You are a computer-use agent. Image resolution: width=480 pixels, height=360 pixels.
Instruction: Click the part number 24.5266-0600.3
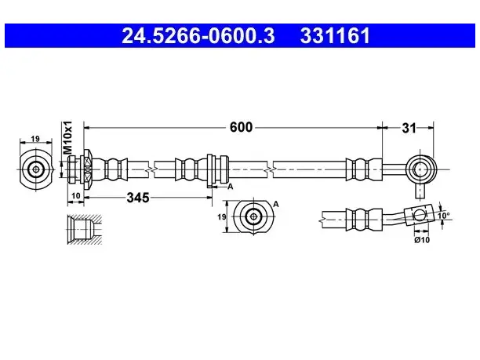tap(198, 36)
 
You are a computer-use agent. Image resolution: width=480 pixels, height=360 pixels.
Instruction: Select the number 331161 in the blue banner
tap(335, 36)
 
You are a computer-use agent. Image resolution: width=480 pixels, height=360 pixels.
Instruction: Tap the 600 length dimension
tap(241, 127)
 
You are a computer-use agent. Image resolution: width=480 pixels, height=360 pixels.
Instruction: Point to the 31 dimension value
tap(409, 129)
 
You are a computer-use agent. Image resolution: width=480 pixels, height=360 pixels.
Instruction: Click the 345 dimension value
tap(138, 198)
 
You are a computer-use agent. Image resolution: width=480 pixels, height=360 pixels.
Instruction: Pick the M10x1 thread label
tap(67, 137)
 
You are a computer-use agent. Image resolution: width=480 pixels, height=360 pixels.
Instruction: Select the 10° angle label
tap(444, 216)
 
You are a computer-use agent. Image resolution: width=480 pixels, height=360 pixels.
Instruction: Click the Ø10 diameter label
tap(422, 240)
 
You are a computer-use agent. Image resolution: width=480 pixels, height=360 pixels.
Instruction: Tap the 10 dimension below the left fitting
tap(75, 195)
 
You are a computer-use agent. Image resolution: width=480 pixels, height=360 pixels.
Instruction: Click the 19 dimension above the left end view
tap(35, 138)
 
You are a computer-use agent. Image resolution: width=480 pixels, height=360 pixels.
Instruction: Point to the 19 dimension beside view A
tap(222, 216)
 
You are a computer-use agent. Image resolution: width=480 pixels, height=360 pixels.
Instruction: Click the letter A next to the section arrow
tap(231, 187)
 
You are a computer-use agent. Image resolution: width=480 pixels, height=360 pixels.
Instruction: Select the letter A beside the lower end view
tap(276, 204)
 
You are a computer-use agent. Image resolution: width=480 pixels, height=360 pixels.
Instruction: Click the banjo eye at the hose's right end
tap(421, 169)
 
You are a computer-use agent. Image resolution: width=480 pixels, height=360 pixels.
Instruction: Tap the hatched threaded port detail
tap(85, 230)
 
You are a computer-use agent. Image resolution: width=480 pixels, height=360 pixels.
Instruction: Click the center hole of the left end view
tap(36, 169)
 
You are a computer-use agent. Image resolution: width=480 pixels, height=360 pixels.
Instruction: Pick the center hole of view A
tap(253, 216)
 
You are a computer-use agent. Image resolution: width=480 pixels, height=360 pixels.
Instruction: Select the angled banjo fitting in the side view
tap(420, 215)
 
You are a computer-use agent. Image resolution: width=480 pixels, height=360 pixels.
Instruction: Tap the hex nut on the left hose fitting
tap(87, 169)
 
